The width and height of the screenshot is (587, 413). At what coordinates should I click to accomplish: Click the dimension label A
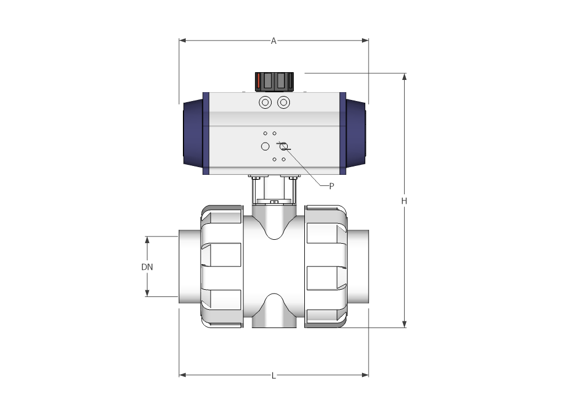[x=273, y=41]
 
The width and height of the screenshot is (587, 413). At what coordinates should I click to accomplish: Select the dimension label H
[x=405, y=201]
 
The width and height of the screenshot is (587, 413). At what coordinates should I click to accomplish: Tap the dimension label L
[x=273, y=376]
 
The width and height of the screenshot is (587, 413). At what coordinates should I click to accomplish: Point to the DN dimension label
[x=147, y=267]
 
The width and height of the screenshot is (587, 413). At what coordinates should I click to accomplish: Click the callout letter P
[x=331, y=187]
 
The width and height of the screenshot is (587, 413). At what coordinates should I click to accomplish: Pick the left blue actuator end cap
[x=193, y=133]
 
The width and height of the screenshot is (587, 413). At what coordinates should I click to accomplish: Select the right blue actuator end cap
[x=355, y=133]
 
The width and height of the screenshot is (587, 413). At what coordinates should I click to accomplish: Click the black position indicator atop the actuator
[x=273, y=82]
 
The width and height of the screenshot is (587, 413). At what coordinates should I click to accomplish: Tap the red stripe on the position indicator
[x=258, y=82]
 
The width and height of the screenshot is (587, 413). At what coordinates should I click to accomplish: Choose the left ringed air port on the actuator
[x=265, y=103]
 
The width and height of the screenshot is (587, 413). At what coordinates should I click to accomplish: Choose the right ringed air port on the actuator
[x=283, y=103]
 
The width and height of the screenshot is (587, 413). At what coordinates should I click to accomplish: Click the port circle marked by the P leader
[x=284, y=147]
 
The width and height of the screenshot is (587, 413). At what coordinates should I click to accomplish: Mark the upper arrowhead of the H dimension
[x=405, y=77]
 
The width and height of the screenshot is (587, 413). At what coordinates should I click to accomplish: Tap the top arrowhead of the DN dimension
[x=147, y=240]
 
